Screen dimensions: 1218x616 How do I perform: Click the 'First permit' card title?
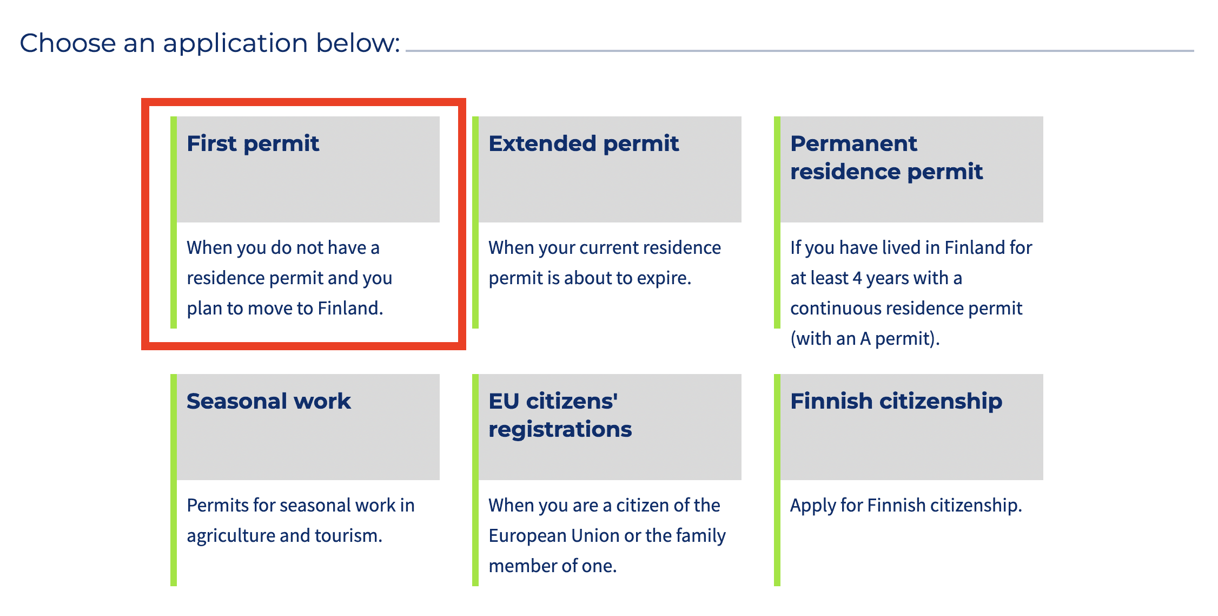coord(253,144)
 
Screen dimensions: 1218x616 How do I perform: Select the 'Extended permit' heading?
coord(584,144)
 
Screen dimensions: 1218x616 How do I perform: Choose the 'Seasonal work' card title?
coord(269,401)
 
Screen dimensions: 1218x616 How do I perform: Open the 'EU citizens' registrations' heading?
coord(560,415)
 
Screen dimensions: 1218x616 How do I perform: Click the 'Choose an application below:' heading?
coord(210,43)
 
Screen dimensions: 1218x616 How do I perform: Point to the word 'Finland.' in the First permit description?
coord(350,308)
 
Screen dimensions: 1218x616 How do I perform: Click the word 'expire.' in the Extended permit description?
coord(664,278)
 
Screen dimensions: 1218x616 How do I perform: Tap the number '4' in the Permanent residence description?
coord(857,278)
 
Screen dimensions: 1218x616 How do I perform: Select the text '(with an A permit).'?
coord(865,339)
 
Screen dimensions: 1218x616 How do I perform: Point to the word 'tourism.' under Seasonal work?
coord(349,535)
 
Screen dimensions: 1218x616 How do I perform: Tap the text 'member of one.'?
coord(553,566)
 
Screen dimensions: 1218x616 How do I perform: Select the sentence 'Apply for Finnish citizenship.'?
coord(906,506)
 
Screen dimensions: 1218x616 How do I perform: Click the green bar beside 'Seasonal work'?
coord(174,480)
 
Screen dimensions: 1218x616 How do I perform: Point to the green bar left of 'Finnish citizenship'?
coord(777,480)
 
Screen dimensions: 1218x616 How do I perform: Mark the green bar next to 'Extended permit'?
coord(475,222)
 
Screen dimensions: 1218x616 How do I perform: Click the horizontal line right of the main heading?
coord(800,51)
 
